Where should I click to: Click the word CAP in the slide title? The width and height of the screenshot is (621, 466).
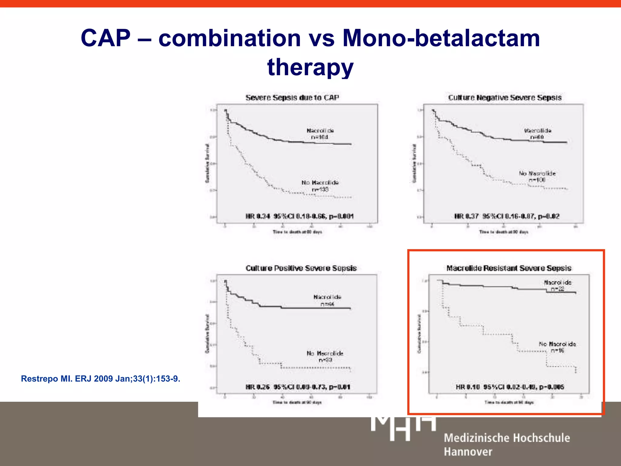click(106, 38)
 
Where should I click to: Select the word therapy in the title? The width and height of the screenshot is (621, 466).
click(310, 67)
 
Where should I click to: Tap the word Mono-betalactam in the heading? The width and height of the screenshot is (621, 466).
click(441, 38)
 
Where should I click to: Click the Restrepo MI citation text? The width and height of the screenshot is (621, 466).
click(100, 379)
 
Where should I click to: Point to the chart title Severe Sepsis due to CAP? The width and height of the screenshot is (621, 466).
click(292, 98)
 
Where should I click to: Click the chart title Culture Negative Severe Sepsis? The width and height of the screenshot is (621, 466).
click(505, 98)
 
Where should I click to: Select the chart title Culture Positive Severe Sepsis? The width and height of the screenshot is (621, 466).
click(301, 268)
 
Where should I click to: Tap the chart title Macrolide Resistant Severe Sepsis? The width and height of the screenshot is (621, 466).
click(509, 268)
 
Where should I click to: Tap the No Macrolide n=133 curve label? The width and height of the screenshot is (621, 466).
click(320, 186)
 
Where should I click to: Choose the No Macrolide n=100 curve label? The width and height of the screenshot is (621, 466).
click(537, 177)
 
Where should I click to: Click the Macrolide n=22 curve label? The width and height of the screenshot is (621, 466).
click(557, 285)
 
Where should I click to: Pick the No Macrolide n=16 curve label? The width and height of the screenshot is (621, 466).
click(557, 347)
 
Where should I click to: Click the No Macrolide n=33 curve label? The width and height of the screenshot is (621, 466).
click(325, 356)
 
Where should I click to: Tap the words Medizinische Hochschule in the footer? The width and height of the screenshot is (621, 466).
click(507, 438)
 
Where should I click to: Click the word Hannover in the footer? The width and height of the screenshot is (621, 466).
click(468, 452)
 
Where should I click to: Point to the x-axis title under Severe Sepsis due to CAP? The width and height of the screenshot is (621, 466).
click(297, 232)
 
